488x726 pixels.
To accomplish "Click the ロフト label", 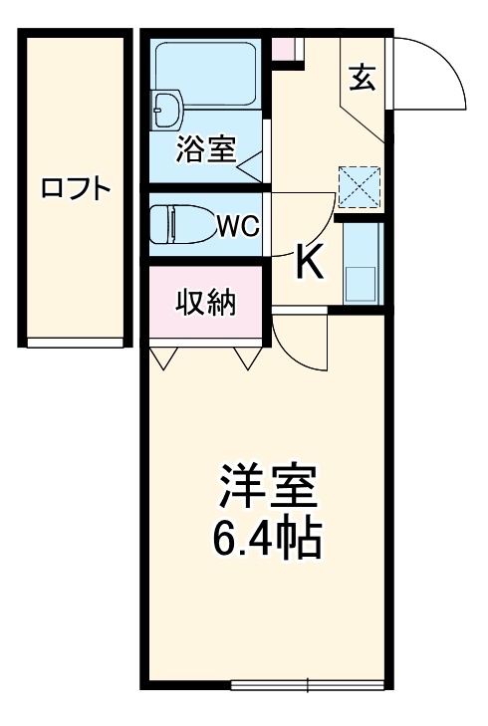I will click(75, 190).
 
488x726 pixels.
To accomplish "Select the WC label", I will click(239, 226).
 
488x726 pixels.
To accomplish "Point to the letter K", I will click(310, 263).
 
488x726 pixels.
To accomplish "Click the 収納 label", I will click(206, 301).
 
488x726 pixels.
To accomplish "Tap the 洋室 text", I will click(267, 487).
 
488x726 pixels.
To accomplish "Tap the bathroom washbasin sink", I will click(165, 108).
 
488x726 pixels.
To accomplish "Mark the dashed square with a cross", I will click(360, 185).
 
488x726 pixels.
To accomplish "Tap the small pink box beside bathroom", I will click(286, 49).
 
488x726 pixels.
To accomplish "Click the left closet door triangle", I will click(163, 357).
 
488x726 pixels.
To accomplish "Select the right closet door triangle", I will click(246, 357).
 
